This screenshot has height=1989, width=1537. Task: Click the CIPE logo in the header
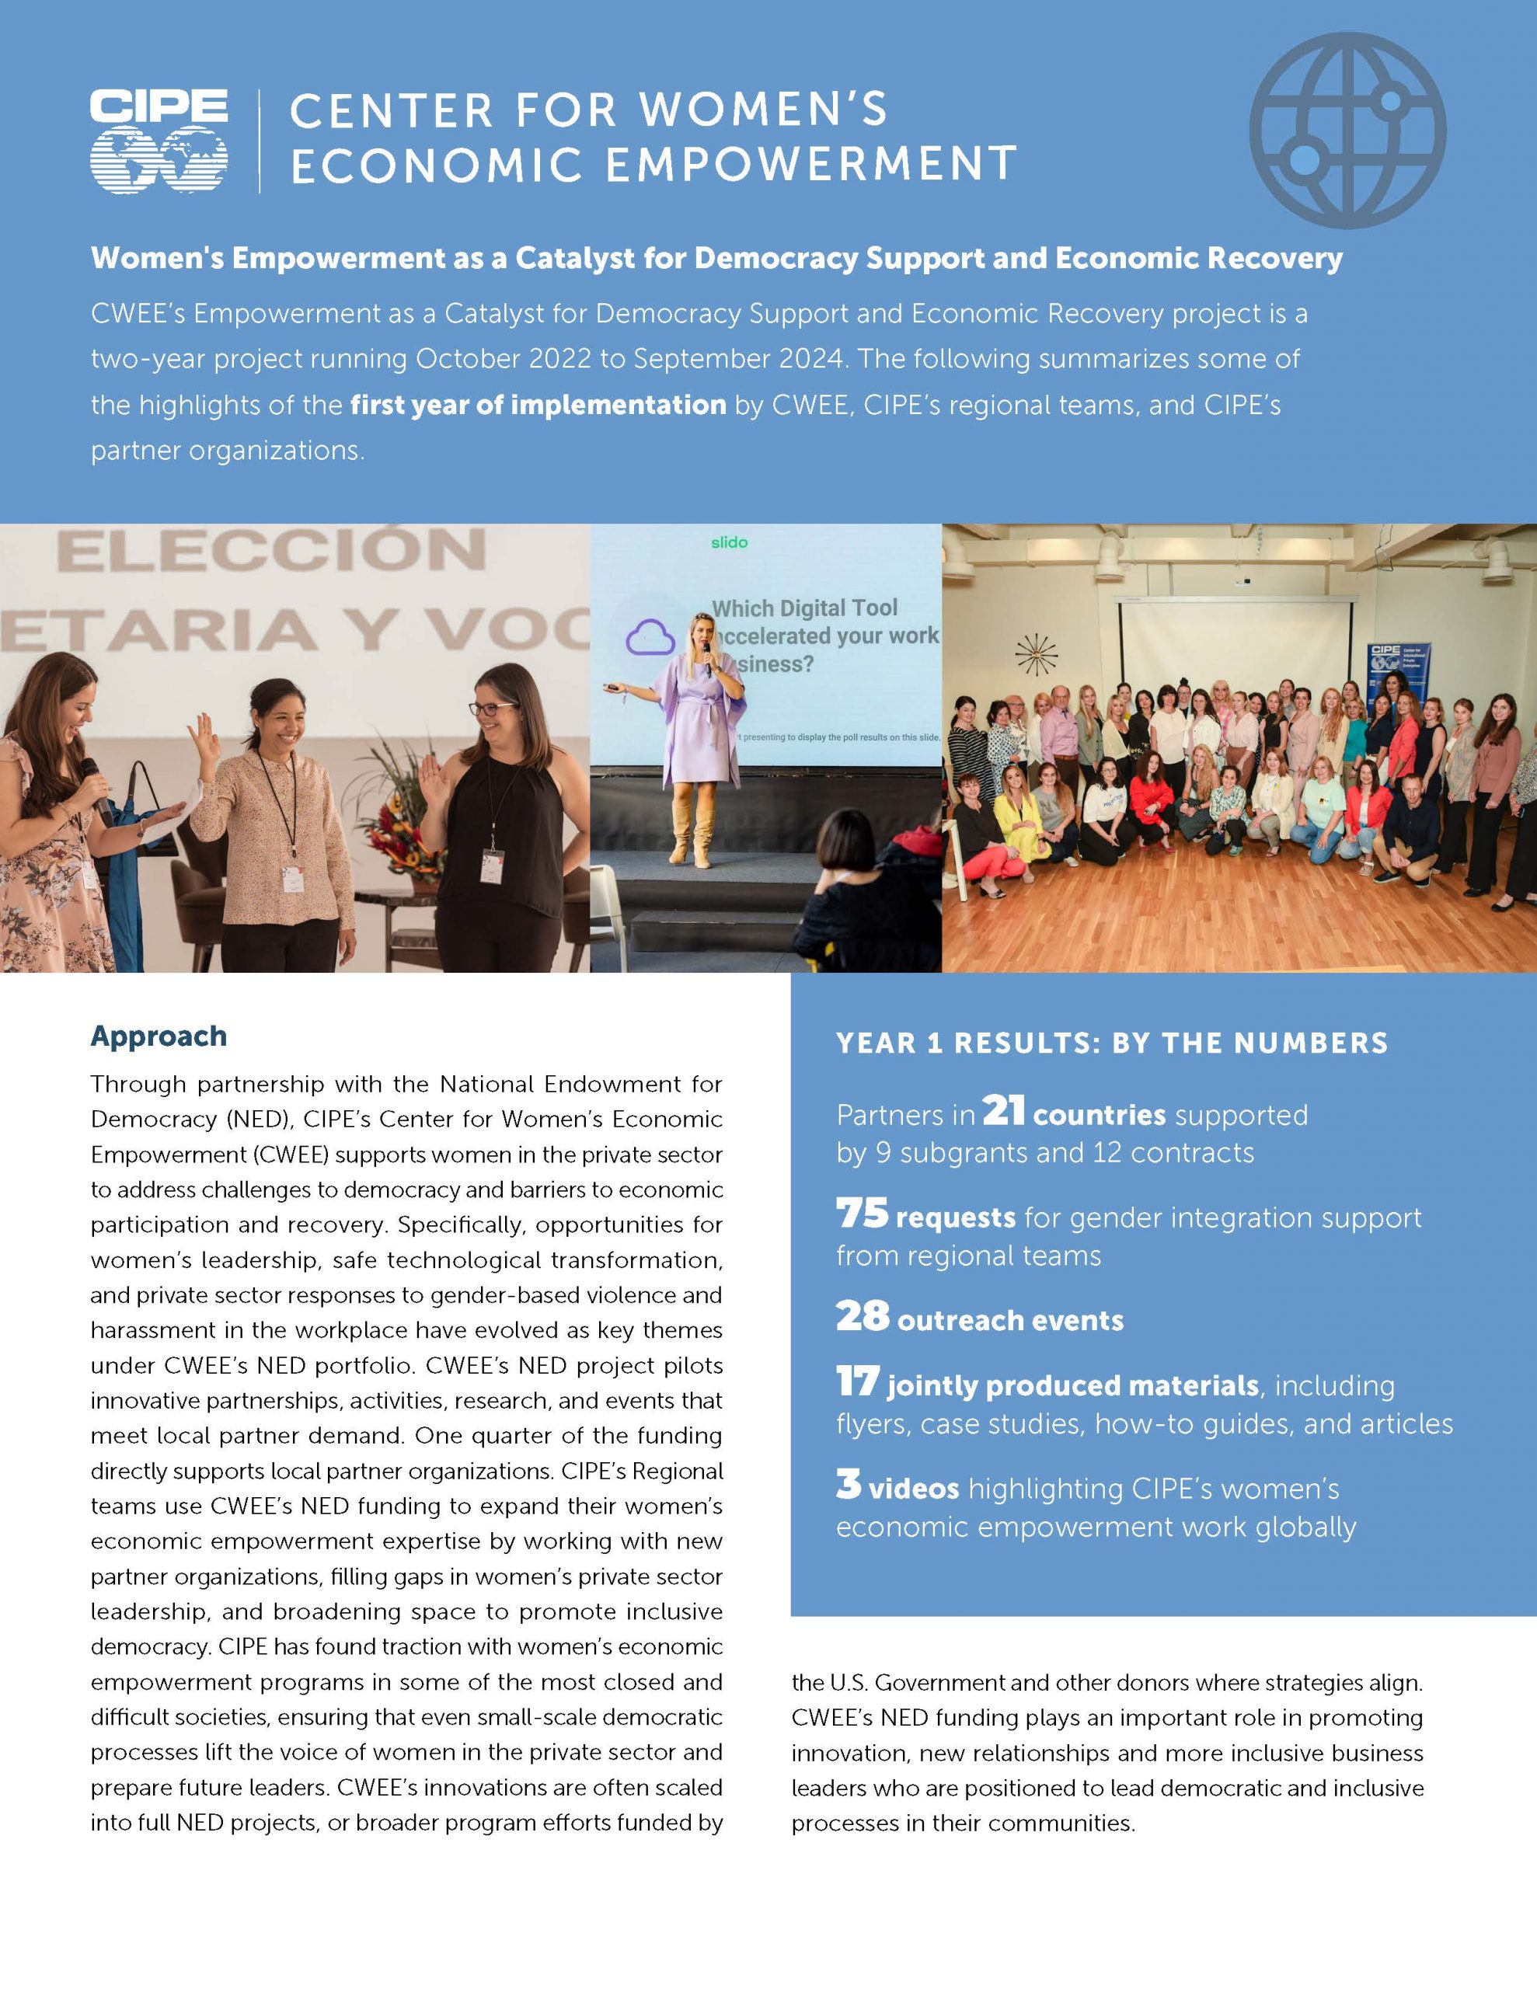pyautogui.click(x=159, y=141)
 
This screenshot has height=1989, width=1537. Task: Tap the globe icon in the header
pyautogui.click(x=1347, y=131)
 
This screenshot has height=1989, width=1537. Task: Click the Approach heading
pyautogui.click(x=159, y=1036)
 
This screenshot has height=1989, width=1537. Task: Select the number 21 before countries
pyautogui.click(x=1003, y=1110)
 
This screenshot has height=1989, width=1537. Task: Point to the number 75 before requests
pyautogui.click(x=862, y=1213)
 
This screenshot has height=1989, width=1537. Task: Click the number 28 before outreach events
pyautogui.click(x=862, y=1316)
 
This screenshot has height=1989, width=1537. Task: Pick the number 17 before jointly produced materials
pyautogui.click(x=857, y=1381)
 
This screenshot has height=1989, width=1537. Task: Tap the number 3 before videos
pyautogui.click(x=849, y=1485)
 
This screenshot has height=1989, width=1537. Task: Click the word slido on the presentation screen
pyautogui.click(x=729, y=543)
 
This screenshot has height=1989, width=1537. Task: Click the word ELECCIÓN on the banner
pyautogui.click(x=270, y=551)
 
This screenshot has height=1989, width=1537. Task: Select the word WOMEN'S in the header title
pyautogui.click(x=762, y=111)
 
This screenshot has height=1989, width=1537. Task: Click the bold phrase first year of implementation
pyautogui.click(x=538, y=404)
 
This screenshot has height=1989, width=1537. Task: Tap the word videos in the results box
pyautogui.click(x=913, y=1489)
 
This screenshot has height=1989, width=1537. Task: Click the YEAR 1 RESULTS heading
pyautogui.click(x=1111, y=1043)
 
